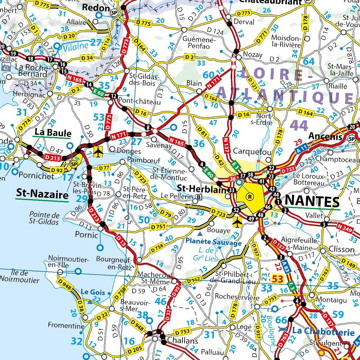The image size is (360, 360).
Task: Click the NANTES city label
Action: coord(312,201)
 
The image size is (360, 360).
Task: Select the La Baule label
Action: coord(53,133)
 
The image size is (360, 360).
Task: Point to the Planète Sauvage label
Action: coord(213,242)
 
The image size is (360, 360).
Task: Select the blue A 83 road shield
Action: coord(285,267)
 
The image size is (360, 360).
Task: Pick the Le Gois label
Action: coord(93,292)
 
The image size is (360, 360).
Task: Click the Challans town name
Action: coord(183,340)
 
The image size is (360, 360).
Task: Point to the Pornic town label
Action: coord(87,235)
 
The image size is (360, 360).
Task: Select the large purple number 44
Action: coord(299,125)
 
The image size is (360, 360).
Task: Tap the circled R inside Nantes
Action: coord(250,197)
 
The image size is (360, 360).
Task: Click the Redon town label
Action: coord(96,8)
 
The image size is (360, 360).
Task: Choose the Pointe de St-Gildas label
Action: coord(45,218)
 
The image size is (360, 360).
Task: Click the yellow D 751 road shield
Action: coord(159,227)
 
